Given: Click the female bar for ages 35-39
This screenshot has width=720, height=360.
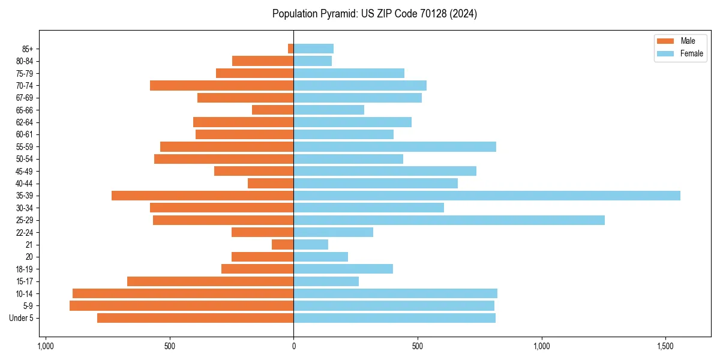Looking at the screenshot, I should pyautogui.click(x=487, y=196).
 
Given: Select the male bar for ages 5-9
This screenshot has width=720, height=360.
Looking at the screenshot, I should pyautogui.click(x=181, y=306).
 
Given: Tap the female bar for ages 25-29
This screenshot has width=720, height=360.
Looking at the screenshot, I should pyautogui.click(x=449, y=220).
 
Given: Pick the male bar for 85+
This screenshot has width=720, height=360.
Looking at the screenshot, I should pyautogui.click(x=291, y=49).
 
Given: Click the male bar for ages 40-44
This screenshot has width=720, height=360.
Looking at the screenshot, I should pyautogui.click(x=271, y=184).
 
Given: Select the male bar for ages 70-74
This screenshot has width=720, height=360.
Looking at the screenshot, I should pyautogui.click(x=221, y=86).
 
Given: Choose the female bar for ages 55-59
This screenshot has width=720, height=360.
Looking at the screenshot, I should pyautogui.click(x=395, y=147).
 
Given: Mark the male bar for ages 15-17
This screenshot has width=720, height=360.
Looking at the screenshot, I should pyautogui.click(x=210, y=281).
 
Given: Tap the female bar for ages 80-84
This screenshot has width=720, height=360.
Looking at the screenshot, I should pyautogui.click(x=313, y=61).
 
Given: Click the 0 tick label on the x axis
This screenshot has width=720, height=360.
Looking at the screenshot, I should pyautogui.click(x=293, y=347).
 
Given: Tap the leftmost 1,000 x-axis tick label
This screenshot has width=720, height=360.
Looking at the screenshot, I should pyautogui.click(x=46, y=347).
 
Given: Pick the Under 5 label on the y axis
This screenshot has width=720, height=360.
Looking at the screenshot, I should pyautogui.click(x=22, y=318).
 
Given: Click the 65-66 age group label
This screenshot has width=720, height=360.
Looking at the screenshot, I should pyautogui.click(x=25, y=110).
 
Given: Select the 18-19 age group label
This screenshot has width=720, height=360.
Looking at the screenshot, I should pyautogui.click(x=25, y=269).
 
